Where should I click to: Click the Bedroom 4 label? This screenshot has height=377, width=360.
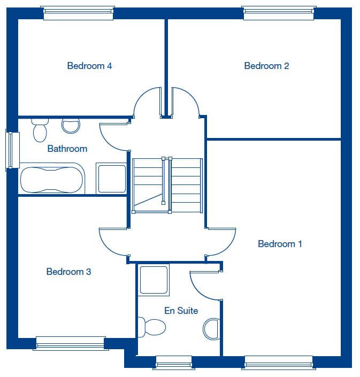pyautogui.click(x=89, y=66)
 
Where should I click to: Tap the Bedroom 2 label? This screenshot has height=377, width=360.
pyautogui.click(x=266, y=66)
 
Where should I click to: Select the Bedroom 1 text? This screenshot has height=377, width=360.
pyautogui.click(x=280, y=244)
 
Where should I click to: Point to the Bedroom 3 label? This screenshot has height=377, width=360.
pyautogui.click(x=69, y=272)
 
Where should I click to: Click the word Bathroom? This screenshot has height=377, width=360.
pyautogui.click(x=67, y=149)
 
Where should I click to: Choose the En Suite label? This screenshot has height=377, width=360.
pyautogui.click(x=181, y=311)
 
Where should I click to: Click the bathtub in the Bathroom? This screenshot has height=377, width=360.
pyautogui.click(x=52, y=179)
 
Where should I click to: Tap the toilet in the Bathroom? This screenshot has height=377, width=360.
pyautogui.click(x=40, y=130)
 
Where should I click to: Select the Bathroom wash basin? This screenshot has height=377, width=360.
pyautogui.click(x=71, y=126)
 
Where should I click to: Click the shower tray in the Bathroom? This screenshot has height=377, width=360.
pyautogui.click(x=112, y=179)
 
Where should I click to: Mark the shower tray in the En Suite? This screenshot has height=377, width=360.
pyautogui.click(x=154, y=280)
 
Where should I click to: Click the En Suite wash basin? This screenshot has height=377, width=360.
pyautogui.click(x=212, y=329)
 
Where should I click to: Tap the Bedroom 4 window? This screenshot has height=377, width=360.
pyautogui.click(x=78, y=13)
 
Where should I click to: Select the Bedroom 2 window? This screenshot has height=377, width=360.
pyautogui.click(x=279, y=13)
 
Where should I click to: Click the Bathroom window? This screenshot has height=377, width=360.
pyautogui.click(x=12, y=150)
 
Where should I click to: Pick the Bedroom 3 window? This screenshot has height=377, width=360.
pyautogui.click(x=71, y=343)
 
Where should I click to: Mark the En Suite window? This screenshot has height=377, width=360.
pyautogui.click(x=174, y=363)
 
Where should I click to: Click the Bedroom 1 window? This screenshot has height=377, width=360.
pyautogui.click(x=279, y=363)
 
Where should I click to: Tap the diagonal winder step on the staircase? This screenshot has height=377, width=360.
pyautogui.click(x=148, y=200)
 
